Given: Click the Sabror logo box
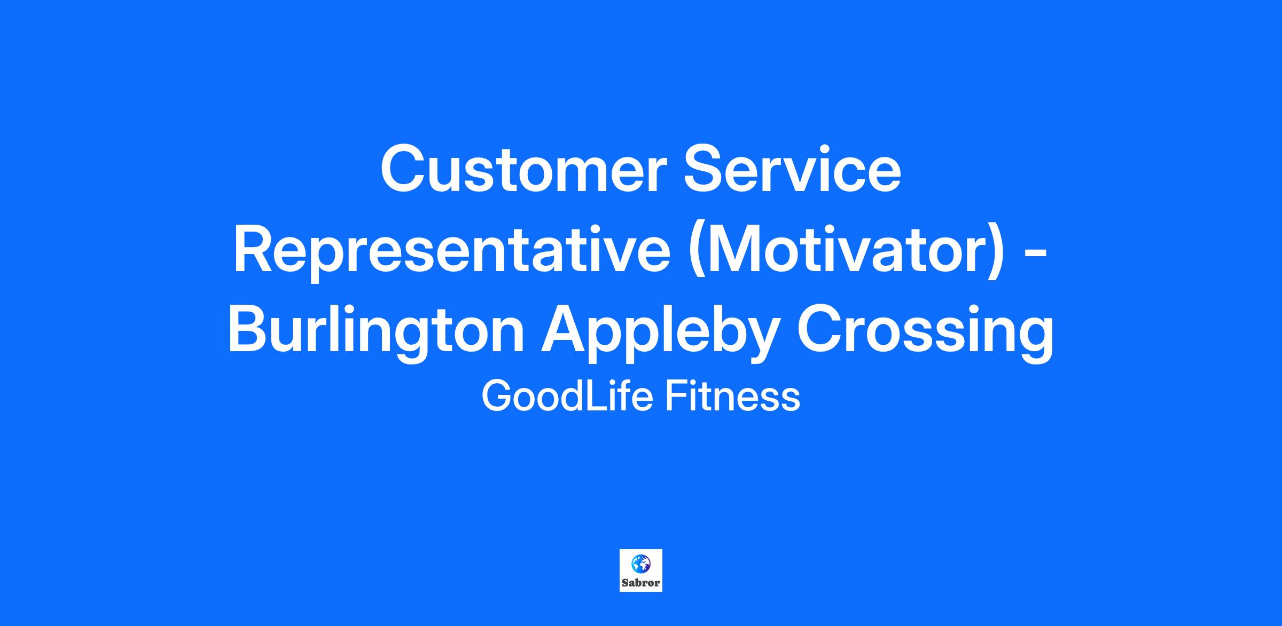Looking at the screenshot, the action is [641, 570].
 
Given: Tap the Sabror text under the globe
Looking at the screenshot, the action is [641, 583].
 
